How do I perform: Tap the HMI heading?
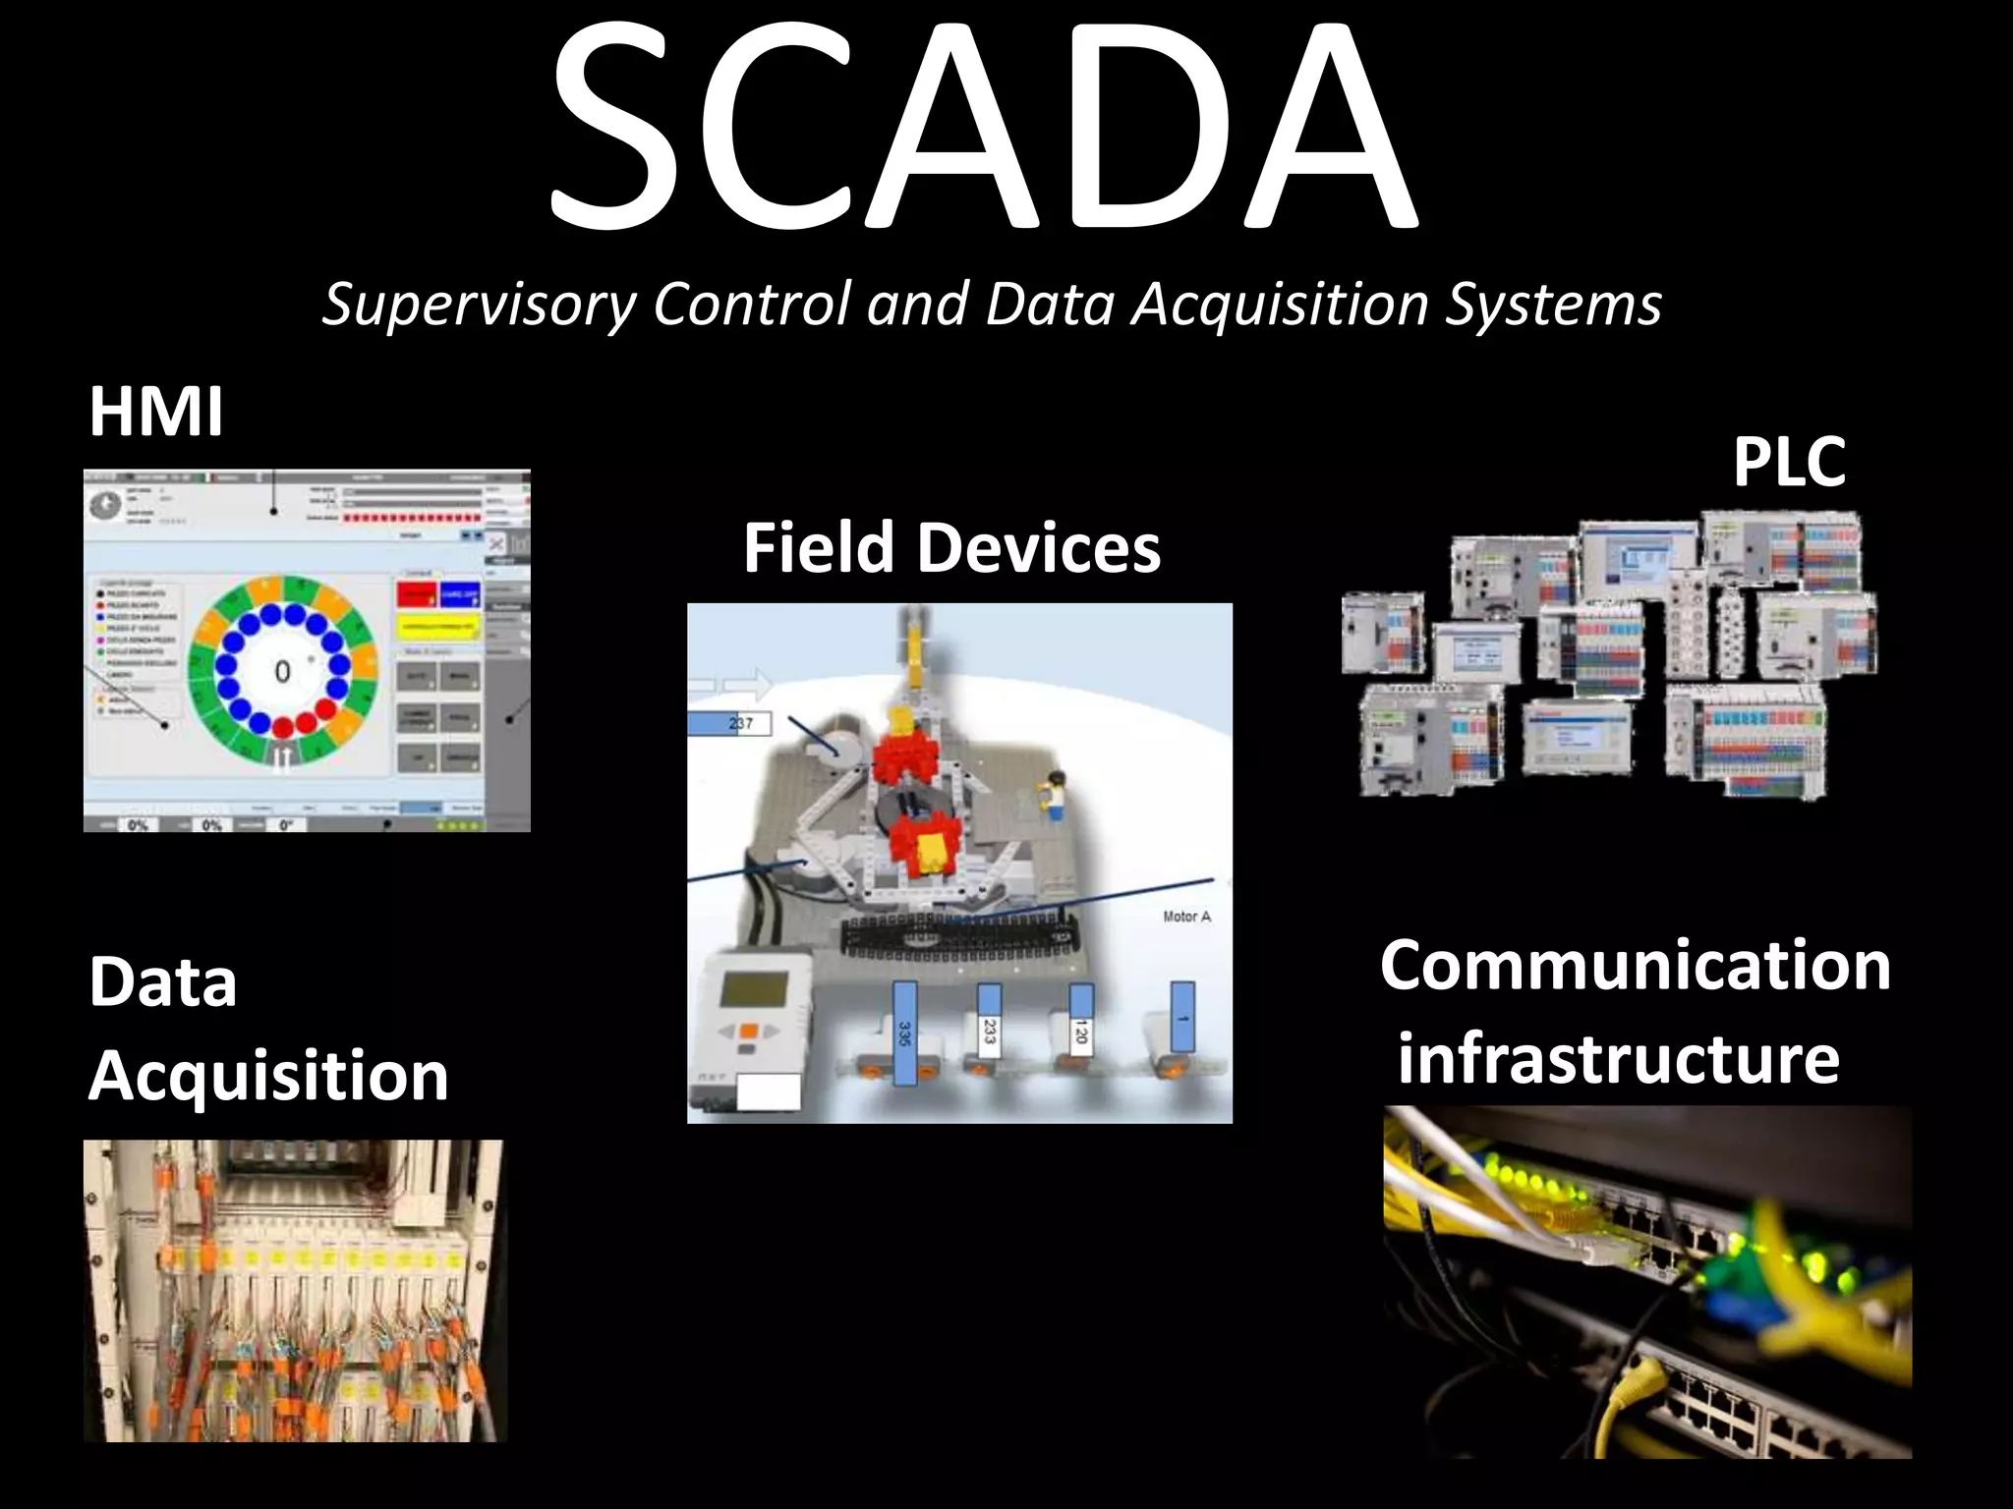click(x=155, y=412)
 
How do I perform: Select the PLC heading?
click(x=1789, y=461)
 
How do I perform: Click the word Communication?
click(x=1635, y=966)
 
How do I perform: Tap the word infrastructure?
click(x=1618, y=1059)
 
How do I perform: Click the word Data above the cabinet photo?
click(x=163, y=982)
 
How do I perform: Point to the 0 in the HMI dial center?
click(x=282, y=672)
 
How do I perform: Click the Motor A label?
click(x=1186, y=917)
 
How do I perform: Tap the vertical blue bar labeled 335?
click(x=904, y=1034)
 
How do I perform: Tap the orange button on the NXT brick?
click(x=749, y=1031)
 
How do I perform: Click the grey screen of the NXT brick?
click(x=755, y=989)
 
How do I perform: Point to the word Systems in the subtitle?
click(x=1553, y=304)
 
